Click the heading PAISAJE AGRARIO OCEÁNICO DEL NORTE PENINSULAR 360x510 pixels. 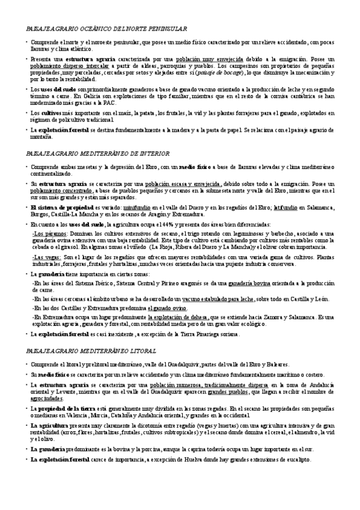(x=106, y=29)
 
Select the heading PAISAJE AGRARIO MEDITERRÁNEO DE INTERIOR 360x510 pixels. (x=102, y=153)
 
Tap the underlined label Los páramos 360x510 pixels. (x=46, y=233)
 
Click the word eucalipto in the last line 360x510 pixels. (x=296, y=459)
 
